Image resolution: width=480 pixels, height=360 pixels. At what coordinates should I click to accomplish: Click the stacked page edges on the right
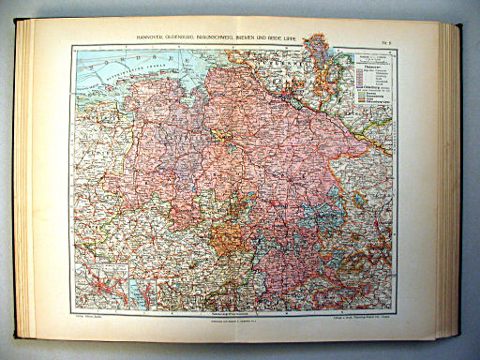[x=451, y=178]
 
